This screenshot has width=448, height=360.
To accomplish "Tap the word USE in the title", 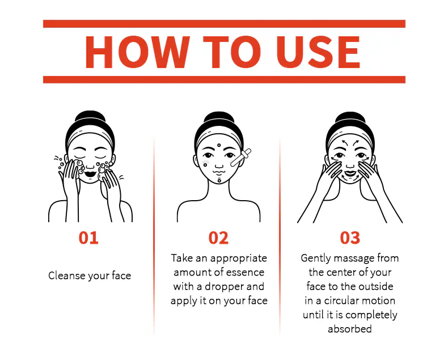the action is point(318,52).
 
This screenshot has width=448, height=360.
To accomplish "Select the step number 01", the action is point(88,238).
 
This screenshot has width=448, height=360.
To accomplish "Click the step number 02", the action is point(218,238).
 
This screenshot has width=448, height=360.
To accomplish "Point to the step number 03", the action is point(350,238).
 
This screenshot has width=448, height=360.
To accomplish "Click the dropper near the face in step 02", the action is point(241,158).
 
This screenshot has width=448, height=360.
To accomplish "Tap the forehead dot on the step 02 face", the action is point(219,145).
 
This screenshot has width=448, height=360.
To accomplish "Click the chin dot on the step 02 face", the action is point(219,181).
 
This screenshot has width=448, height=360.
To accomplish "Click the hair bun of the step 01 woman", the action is point(90,116).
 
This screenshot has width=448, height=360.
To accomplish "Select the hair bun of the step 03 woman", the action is point(350,117).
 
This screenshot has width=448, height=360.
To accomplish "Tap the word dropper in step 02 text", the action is point(223,287).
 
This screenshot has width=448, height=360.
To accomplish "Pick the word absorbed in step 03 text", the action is point(350,329).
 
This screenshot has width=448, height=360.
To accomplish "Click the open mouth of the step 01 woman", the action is point(90,173).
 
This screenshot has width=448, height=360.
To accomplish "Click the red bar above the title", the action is point(225,24).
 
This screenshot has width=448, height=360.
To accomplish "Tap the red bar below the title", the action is point(225,79).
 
